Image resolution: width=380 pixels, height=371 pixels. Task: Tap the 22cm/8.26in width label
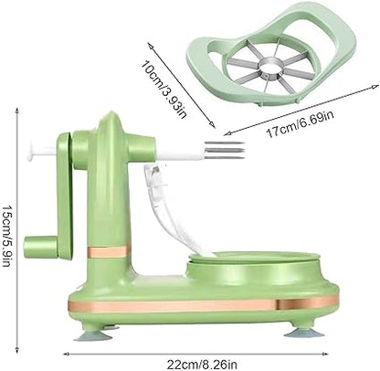pos(202,364)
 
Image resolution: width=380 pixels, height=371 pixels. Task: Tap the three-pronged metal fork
pos(225,150)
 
